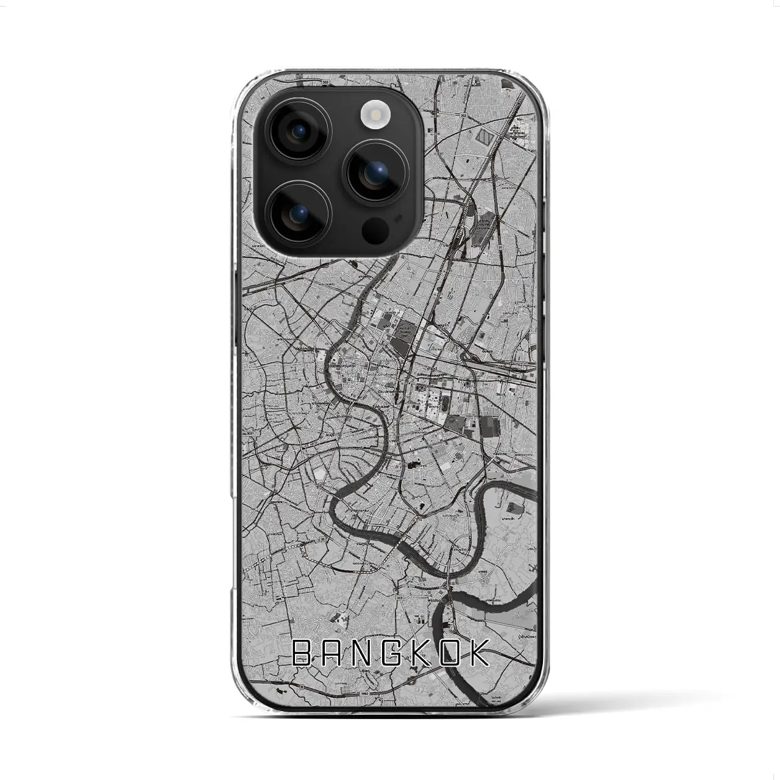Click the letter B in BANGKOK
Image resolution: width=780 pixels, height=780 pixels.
tap(303, 653)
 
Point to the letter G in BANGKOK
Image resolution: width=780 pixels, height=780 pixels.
tap(388, 653)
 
